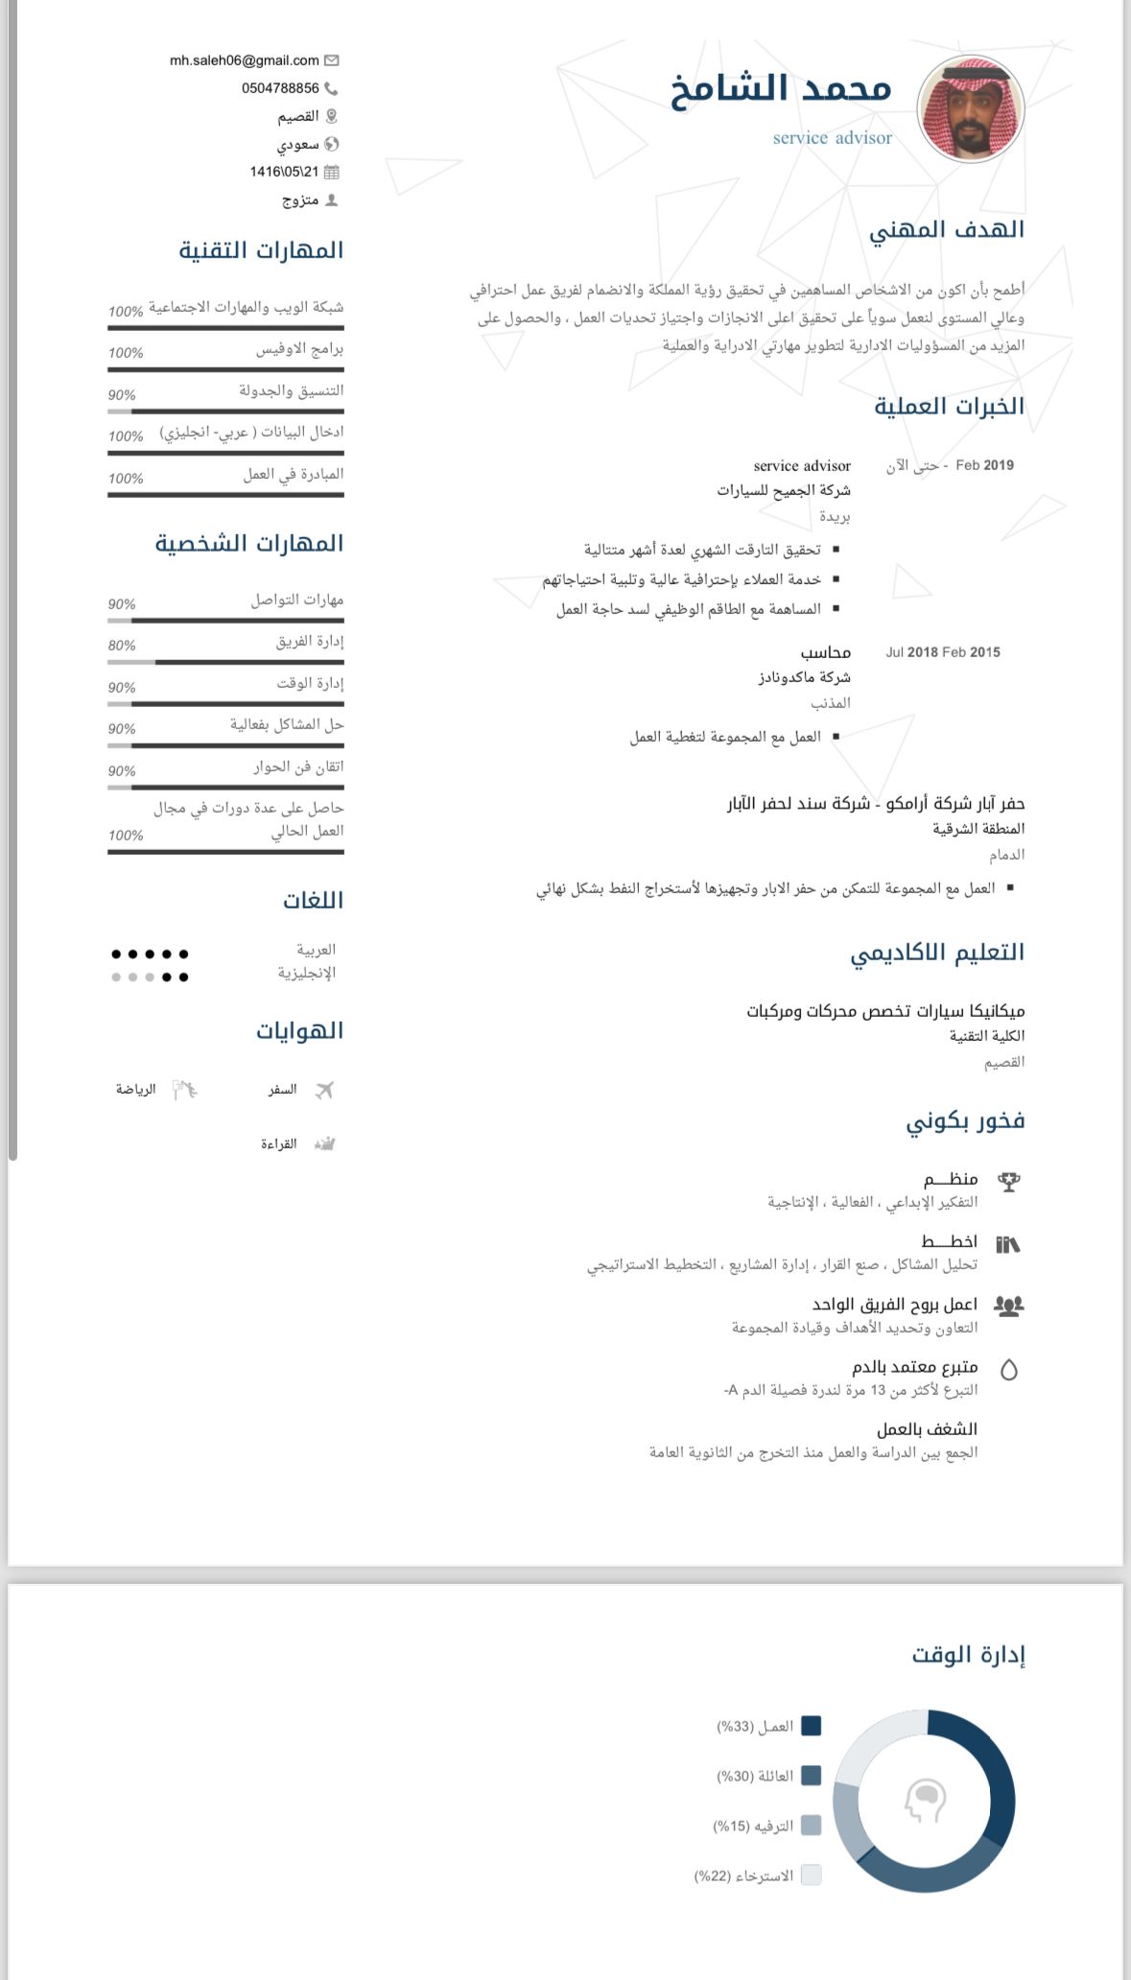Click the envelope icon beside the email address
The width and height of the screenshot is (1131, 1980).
pos(332,60)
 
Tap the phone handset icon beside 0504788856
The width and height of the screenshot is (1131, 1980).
pos(332,88)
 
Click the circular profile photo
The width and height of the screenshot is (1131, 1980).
pos(971,108)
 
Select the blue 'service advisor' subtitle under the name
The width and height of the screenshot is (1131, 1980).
pos(832,138)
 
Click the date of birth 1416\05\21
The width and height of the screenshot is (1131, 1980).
pos(283,172)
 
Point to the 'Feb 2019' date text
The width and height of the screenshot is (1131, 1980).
pos(984,465)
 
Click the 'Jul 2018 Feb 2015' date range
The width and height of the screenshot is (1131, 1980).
pos(942,652)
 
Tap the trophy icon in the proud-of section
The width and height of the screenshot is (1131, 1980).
pos(1008,1182)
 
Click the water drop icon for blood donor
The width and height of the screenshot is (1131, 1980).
pos(1008,1370)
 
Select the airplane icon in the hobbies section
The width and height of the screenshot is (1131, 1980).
pos(324,1090)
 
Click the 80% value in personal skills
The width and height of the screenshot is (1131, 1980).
pos(122,646)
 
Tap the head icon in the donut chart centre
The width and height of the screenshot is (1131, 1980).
pos(925,1801)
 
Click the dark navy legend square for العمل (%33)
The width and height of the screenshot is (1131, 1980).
pos(811,1726)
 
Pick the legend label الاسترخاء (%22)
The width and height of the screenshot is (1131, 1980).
pos(744,1875)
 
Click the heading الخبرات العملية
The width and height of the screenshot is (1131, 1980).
pos(949,406)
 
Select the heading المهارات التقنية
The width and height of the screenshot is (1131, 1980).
pos(261,250)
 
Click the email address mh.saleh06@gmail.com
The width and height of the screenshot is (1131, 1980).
pos(244,60)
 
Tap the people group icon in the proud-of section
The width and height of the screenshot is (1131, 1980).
pos(1008,1306)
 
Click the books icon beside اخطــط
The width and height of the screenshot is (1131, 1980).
pos(1008,1244)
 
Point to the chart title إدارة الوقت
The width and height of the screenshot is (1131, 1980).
pos(968,1655)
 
